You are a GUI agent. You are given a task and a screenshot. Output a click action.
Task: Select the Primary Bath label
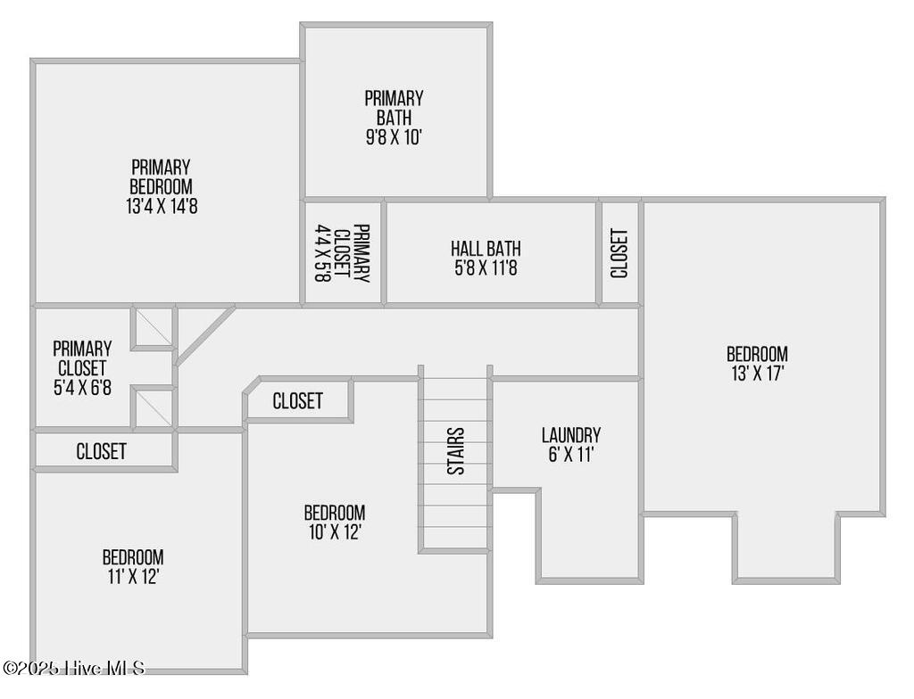point(394,108)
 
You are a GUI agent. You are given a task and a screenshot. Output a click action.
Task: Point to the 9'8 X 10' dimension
point(394,137)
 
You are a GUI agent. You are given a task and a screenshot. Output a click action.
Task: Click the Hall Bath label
point(486,249)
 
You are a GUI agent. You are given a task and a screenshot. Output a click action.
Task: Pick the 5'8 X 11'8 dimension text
point(486,267)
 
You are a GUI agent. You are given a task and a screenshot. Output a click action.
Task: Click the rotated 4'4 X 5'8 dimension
point(322,253)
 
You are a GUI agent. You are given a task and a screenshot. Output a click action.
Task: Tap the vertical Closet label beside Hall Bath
point(619,253)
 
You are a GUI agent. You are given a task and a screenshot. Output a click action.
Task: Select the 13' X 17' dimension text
point(756,374)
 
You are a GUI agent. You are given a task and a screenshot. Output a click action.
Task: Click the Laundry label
point(570,435)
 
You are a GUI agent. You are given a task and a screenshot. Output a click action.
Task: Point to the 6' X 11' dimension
point(570,455)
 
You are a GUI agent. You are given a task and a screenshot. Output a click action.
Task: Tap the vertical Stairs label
point(455,451)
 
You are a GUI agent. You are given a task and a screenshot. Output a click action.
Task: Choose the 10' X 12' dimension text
point(335,532)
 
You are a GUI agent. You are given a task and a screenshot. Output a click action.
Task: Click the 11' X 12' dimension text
point(132,577)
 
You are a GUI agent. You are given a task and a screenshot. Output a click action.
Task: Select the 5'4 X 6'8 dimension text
point(82,388)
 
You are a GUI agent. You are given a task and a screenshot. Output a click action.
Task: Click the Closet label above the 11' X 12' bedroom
point(101,451)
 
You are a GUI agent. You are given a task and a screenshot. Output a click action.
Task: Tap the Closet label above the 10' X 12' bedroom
point(297,401)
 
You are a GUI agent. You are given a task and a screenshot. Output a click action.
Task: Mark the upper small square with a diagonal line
point(154,328)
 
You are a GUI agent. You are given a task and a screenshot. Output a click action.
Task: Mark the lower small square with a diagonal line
point(154,408)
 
